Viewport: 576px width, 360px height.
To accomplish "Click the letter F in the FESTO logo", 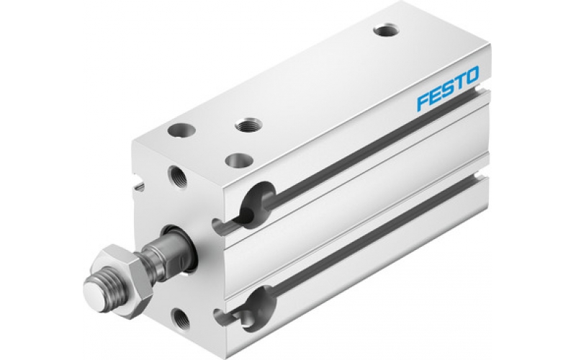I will click(421, 103).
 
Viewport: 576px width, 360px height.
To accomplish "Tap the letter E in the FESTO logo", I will click(435, 97).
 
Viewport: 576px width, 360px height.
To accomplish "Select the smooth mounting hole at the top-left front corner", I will click(178, 132).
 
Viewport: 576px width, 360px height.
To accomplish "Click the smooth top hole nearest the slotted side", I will click(234, 158).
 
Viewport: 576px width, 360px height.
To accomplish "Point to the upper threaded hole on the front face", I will click(174, 174).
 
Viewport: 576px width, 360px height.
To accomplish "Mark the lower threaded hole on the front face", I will click(177, 315).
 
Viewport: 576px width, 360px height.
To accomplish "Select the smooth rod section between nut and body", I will click(158, 253).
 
